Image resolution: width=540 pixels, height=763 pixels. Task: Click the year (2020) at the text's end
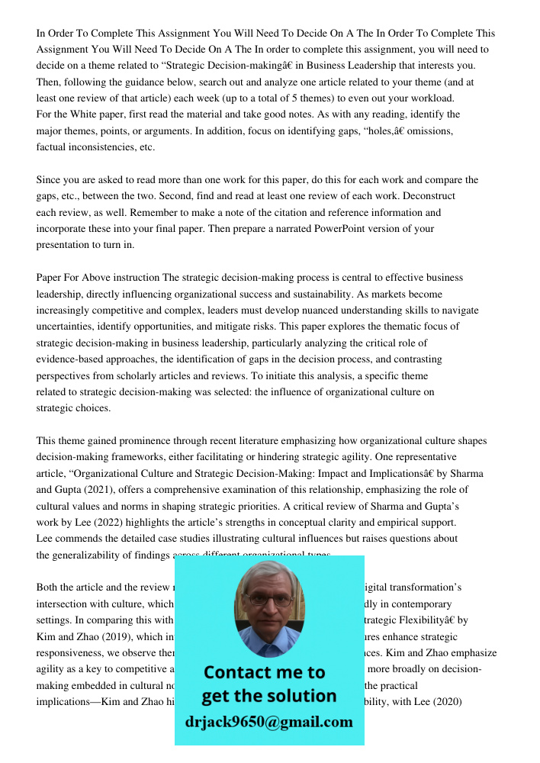pos(445,700)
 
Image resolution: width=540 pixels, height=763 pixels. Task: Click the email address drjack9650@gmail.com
pos(269,722)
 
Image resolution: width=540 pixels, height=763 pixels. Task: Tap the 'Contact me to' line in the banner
pos(264,672)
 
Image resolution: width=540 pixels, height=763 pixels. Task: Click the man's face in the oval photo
pos(268,602)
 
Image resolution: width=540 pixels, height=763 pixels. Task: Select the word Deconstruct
pos(426,196)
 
